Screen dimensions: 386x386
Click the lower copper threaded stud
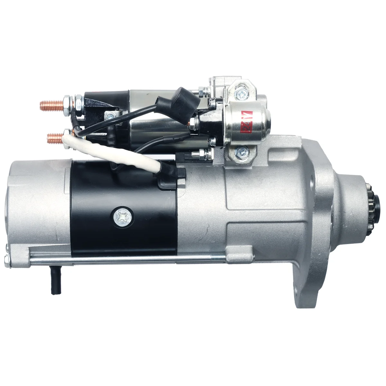[x=56, y=138]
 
